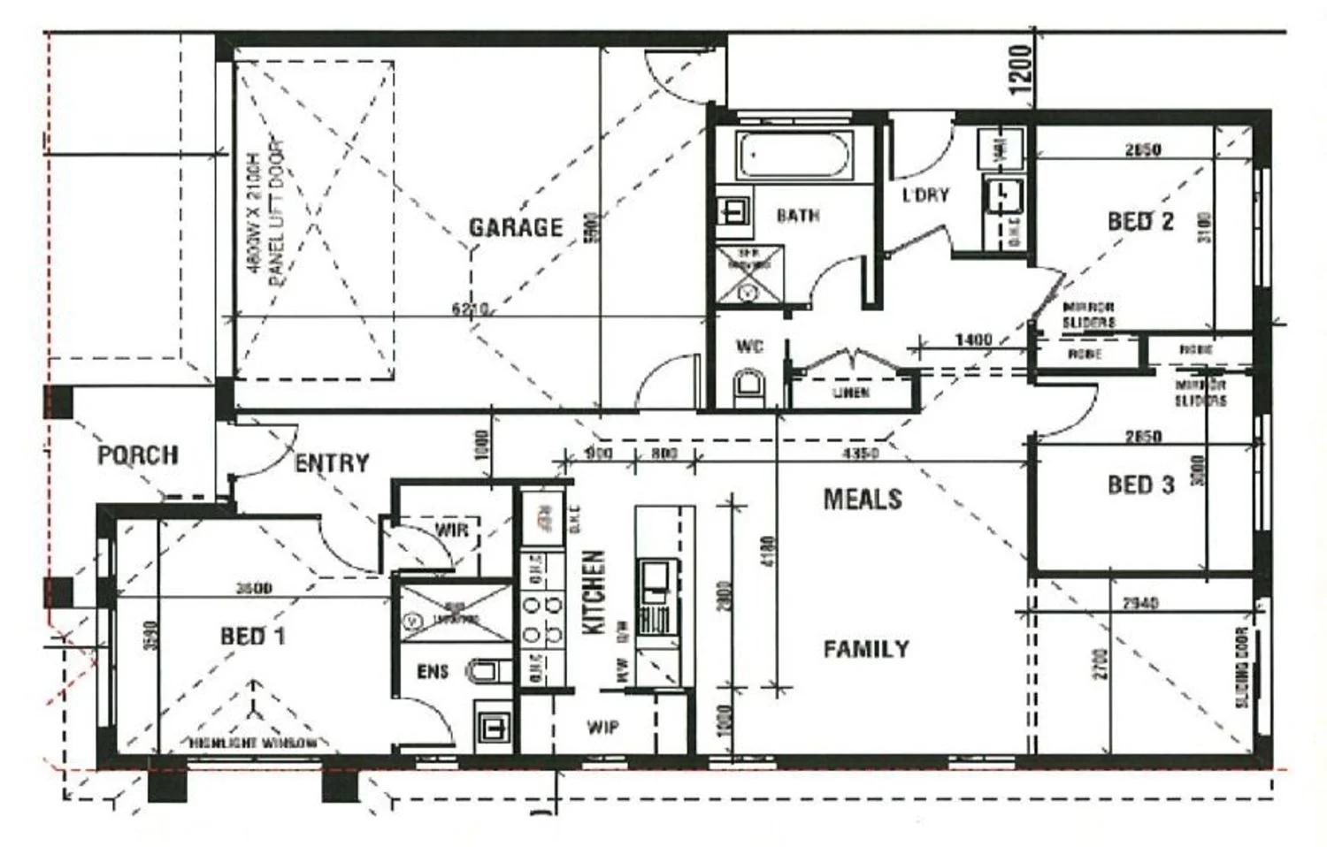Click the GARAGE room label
pyautogui.click(x=516, y=228)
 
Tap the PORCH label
pyautogui.click(x=137, y=455)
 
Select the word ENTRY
pyautogui.click(x=331, y=463)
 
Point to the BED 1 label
pyautogui.click(x=252, y=636)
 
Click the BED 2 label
pyautogui.click(x=1140, y=221)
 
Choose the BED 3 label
pyautogui.click(x=1140, y=485)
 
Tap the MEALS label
pyautogui.click(x=863, y=499)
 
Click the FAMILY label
pyautogui.click(x=866, y=650)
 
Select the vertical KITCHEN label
pyautogui.click(x=594, y=591)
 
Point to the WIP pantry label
pyautogui.click(x=603, y=728)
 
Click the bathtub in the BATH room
pyautogui.click(x=794, y=157)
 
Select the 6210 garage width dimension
pyautogui.click(x=470, y=309)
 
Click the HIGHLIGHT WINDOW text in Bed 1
pyautogui.click(x=252, y=743)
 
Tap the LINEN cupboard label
pyautogui.click(x=850, y=393)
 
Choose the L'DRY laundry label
pyautogui.click(x=925, y=195)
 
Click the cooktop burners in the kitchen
pyautogui.click(x=542, y=619)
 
